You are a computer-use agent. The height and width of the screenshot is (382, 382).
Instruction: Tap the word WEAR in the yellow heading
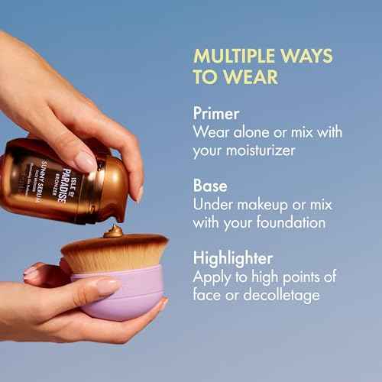point(252,77)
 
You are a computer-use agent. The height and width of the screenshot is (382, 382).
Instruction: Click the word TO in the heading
point(206,77)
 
